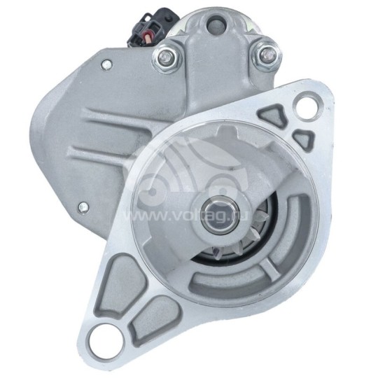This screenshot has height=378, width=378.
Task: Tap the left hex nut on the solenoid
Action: pos(166,57)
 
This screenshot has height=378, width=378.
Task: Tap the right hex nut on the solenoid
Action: pos(266,55)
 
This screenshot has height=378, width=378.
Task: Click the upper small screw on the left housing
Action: pos(106,65)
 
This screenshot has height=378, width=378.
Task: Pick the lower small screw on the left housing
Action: pos(83,208)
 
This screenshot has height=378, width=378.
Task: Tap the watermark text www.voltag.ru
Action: pos(185,216)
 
